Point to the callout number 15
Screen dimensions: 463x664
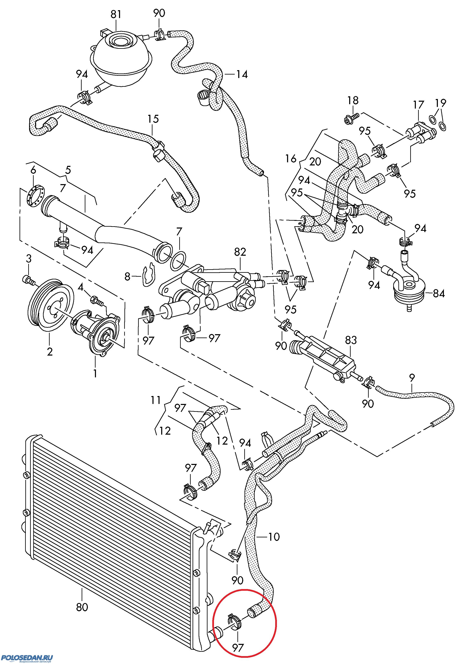tap(153, 119)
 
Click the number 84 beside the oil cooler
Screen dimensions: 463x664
tap(439, 294)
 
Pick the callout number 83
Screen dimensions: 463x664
tap(351, 340)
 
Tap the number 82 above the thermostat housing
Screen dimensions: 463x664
tap(240, 252)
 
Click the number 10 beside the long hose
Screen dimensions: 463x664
tap(274, 537)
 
